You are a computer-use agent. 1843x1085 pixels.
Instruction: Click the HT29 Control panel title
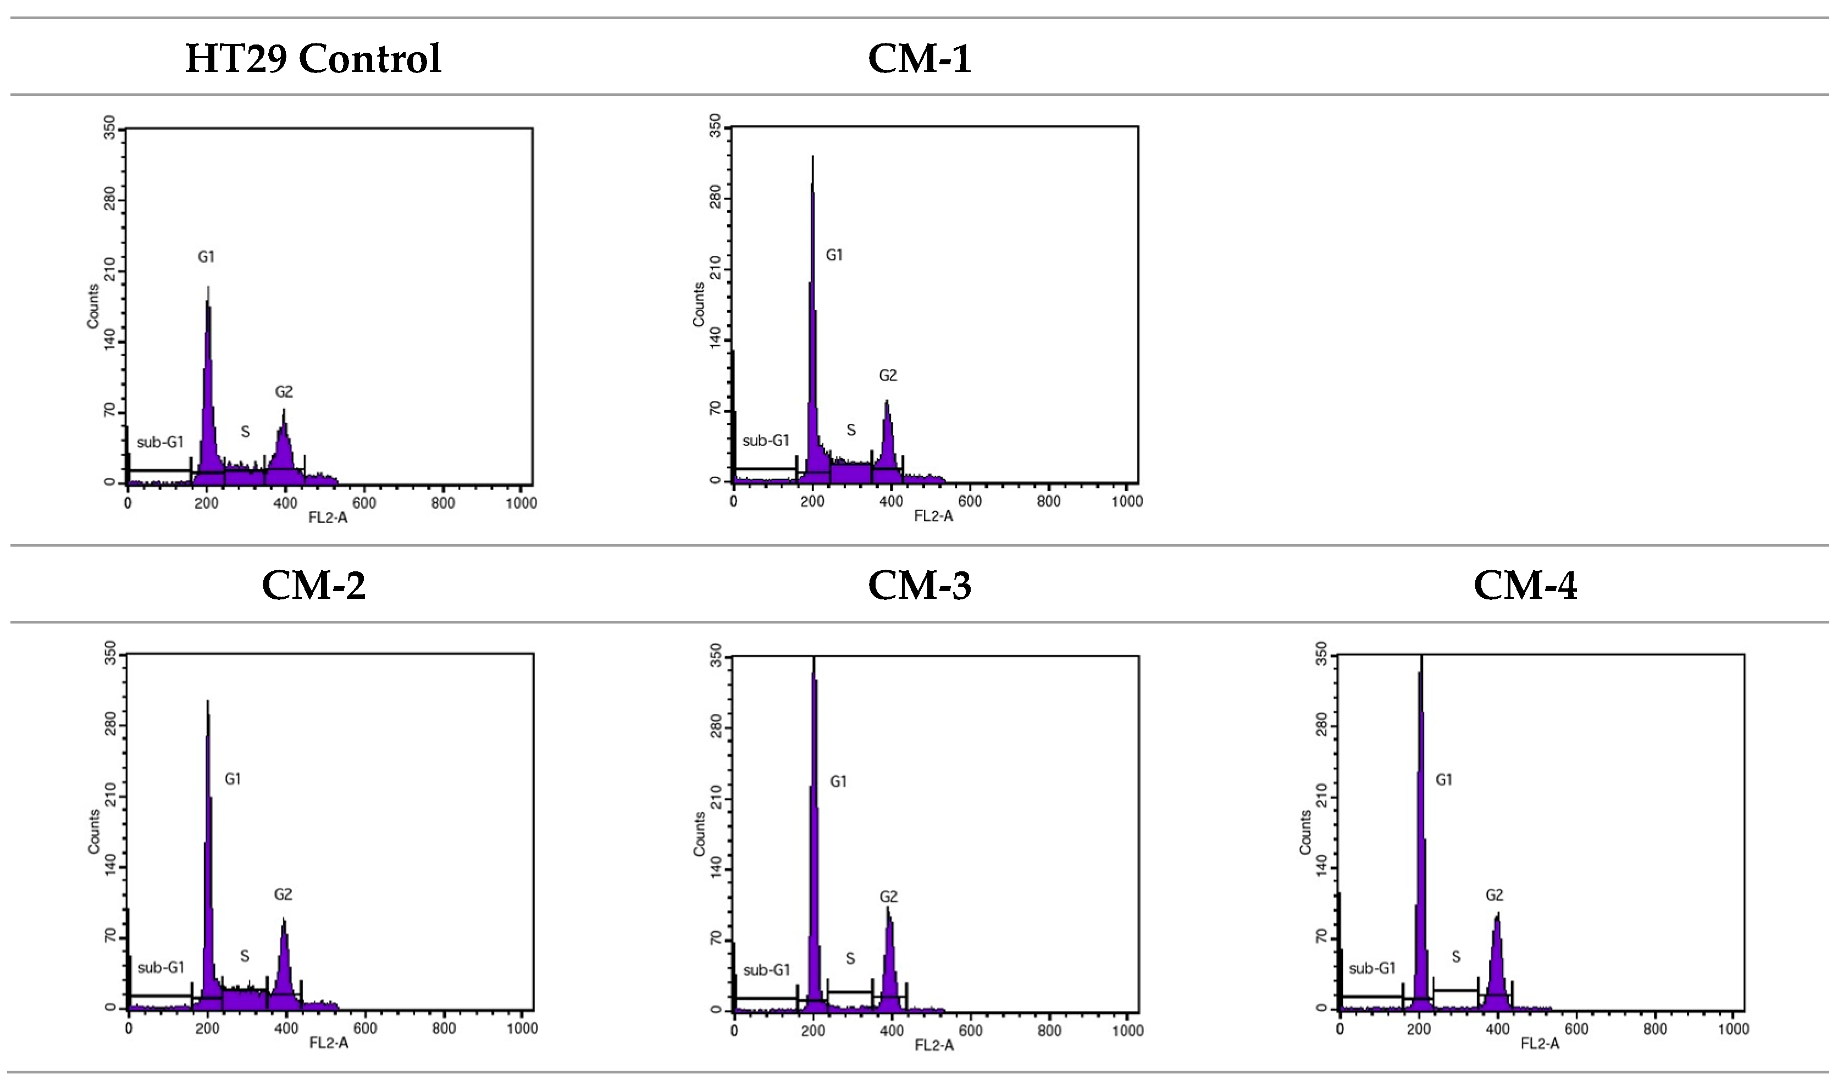point(313,58)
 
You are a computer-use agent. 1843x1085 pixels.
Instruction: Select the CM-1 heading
point(920,58)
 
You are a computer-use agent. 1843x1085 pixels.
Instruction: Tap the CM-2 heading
point(313,586)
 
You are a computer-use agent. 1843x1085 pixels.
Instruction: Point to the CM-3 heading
point(920,586)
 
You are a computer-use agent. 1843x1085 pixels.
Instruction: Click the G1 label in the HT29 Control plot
point(206,257)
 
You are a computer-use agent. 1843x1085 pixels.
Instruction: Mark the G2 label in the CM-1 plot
point(888,376)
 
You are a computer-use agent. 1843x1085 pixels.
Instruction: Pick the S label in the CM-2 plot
point(245,956)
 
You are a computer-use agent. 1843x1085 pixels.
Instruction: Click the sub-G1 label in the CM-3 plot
point(766,970)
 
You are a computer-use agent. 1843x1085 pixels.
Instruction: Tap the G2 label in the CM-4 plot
point(1494,895)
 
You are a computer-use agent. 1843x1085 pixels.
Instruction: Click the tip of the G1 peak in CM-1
point(812,157)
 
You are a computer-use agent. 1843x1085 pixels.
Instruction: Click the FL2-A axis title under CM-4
point(1540,1044)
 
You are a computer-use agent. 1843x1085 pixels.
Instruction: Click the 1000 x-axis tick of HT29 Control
point(521,503)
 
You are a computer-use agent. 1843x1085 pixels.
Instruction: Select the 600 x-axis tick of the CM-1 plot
point(970,502)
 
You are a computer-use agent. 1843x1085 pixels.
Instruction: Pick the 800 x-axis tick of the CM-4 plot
point(1655,1030)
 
